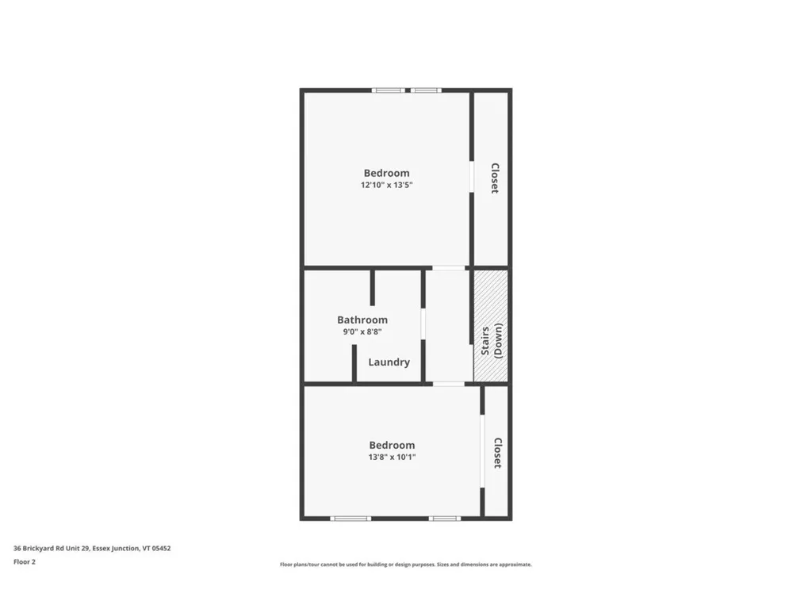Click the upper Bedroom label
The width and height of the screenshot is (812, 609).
point(386,173)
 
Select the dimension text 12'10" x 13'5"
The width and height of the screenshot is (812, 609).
point(386,185)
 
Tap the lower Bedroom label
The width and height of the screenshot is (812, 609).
point(392,446)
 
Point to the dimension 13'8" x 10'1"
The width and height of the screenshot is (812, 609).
point(392,457)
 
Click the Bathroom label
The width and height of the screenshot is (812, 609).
point(362,320)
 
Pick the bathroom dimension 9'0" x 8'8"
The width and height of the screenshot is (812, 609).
point(362,332)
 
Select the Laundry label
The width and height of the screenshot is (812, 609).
point(389,362)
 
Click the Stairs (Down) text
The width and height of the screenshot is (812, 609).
point(492,341)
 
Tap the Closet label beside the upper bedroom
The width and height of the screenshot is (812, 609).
point(494,178)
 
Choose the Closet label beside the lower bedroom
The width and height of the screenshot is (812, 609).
point(497,453)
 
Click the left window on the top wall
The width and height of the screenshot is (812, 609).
point(389,90)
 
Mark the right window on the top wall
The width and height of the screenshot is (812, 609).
point(426,90)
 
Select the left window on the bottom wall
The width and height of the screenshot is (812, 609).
point(350,519)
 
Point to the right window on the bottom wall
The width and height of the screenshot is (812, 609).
point(445,519)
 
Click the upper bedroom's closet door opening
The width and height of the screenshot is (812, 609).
point(471,177)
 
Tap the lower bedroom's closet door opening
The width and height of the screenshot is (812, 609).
point(482,452)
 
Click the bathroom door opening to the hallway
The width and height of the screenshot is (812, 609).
point(423,324)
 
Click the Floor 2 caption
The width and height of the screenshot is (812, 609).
point(25,561)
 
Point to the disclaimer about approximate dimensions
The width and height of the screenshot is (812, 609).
point(405,565)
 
